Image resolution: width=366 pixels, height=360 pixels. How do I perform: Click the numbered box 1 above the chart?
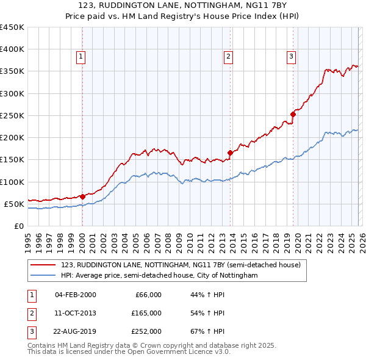coord(81,57)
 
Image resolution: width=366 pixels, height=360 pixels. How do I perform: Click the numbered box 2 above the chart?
coord(228,57)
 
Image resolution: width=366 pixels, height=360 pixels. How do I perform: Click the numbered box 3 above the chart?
coord(292,57)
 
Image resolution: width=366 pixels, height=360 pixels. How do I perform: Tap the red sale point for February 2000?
coord(82,196)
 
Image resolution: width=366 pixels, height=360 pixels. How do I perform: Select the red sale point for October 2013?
coord(230,153)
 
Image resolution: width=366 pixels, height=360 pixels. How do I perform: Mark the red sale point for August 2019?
coord(293,114)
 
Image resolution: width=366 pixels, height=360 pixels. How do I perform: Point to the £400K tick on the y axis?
coord(12,49)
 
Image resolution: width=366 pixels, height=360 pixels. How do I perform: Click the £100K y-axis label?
coord(12,182)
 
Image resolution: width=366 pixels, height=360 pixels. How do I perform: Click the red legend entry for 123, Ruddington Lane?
coord(181,265)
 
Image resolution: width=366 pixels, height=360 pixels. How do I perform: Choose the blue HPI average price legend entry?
coord(159,276)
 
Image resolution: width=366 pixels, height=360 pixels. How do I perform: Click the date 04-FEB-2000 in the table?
coord(75,295)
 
